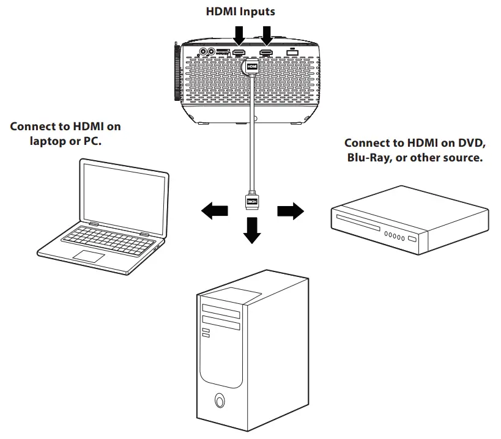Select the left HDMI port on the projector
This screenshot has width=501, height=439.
point(239,54)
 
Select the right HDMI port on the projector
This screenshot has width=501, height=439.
point(266,54)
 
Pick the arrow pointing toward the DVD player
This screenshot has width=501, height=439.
point(289,212)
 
